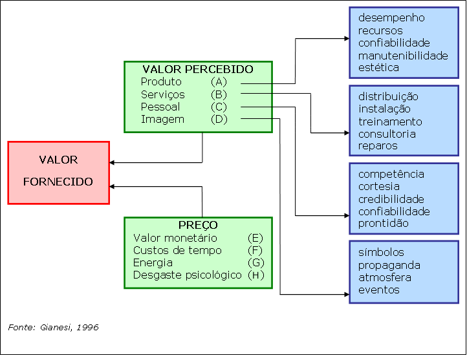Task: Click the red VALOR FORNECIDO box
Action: [x=58, y=172]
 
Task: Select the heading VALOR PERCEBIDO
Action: [x=197, y=69]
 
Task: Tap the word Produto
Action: [x=161, y=82]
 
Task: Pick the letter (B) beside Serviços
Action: [x=219, y=94]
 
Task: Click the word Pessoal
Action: [x=160, y=107]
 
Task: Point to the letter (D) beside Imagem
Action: [x=219, y=119]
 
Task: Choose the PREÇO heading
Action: [x=198, y=225]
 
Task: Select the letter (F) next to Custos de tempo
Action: [x=255, y=250]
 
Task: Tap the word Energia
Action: [x=153, y=262]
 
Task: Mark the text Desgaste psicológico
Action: [x=188, y=275]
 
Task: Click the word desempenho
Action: [x=391, y=18]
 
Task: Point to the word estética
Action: [x=378, y=67]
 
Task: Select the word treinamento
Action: [x=390, y=122]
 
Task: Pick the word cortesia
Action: [x=379, y=187]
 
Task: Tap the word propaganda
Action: [x=389, y=265]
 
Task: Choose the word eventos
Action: [x=379, y=290]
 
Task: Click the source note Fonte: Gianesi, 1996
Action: [x=53, y=328]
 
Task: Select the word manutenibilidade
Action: [x=403, y=55]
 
